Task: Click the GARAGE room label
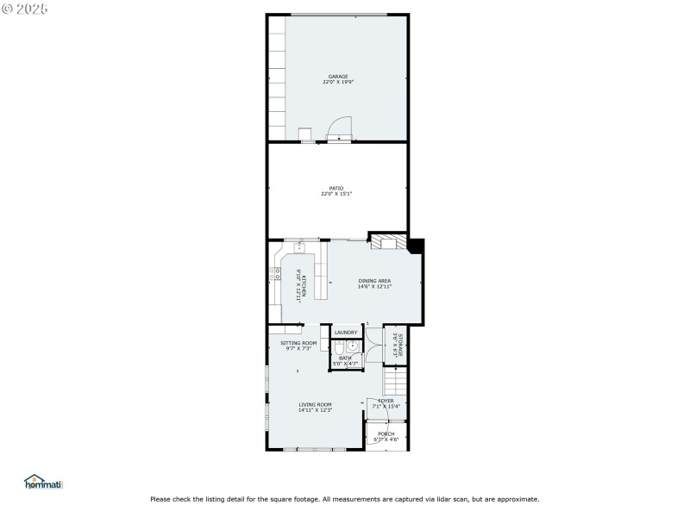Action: [x=336, y=77]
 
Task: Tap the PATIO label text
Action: [x=336, y=188]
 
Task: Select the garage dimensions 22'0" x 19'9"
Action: [x=336, y=83]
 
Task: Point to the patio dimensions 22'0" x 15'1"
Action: [x=336, y=194]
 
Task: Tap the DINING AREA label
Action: [x=375, y=280]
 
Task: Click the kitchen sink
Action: [x=301, y=248]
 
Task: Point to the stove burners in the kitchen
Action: [x=276, y=275]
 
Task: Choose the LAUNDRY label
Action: [x=346, y=333]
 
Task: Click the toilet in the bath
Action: [x=339, y=348]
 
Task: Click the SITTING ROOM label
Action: [x=298, y=343]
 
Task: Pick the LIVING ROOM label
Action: [x=316, y=405]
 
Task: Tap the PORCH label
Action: [x=386, y=433]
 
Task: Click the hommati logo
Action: [x=44, y=483]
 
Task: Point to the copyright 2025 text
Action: [x=25, y=8]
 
